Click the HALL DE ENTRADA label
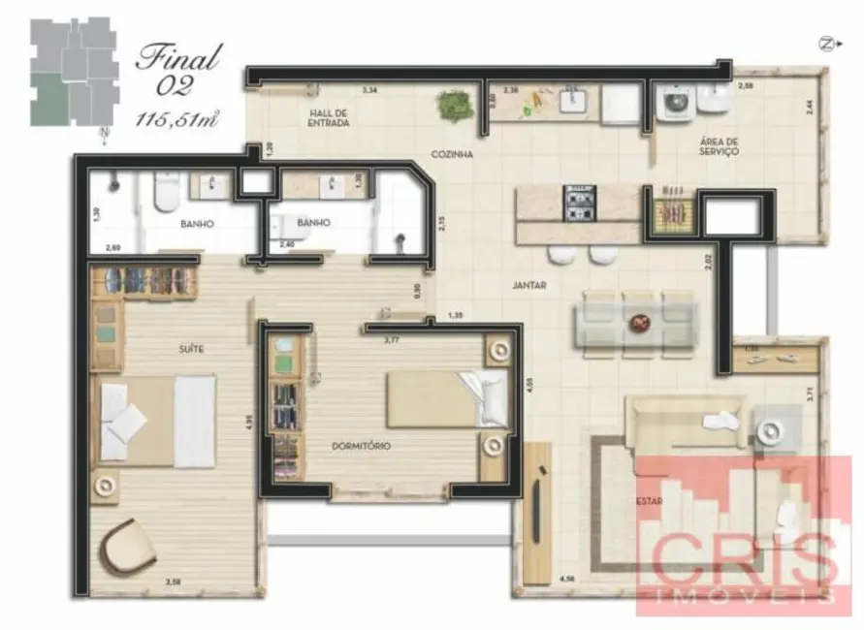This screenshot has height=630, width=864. coord(328,118)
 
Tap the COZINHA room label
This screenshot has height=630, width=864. coord(452,154)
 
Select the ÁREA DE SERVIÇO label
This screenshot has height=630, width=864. coord(720,146)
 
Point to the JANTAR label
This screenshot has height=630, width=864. coord(529,286)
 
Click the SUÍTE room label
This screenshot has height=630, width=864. coord(191,348)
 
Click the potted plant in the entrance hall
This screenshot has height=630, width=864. coord(452,104)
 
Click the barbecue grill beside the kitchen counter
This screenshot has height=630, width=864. coord(670,210)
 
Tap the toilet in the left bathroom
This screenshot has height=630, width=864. coord(165,192)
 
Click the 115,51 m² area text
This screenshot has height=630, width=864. coord(178,119)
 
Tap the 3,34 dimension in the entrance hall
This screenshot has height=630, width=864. coord(368,89)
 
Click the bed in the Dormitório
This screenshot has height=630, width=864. coord(447,399)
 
